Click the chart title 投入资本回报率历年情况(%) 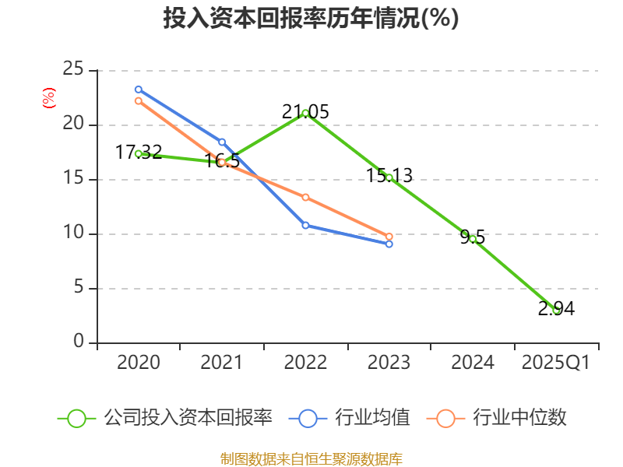point(311,18)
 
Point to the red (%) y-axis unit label point(48,99)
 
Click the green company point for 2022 point(305,113)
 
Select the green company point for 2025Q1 point(556,310)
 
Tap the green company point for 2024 point(473,238)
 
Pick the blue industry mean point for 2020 point(138,90)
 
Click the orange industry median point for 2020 point(138,100)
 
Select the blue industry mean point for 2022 point(305,225)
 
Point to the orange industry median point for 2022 point(305,197)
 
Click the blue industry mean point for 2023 point(389,244)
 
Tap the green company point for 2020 point(138,153)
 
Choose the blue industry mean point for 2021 point(222,142)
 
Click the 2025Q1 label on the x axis point(556,363)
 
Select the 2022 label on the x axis point(305,363)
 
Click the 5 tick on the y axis point(79,288)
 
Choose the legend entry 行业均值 point(350,418)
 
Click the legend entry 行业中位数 point(498,418)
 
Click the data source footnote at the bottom point(311,458)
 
